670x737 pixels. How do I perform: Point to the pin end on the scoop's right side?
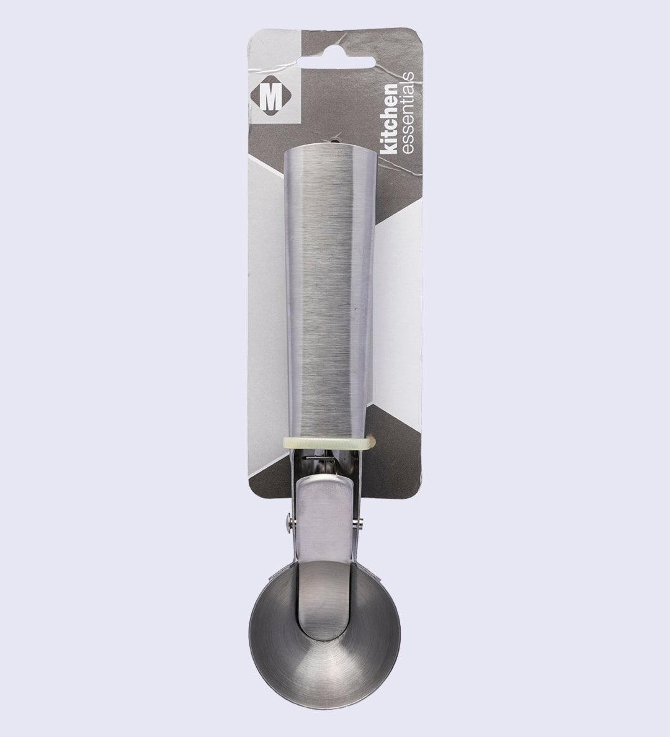(x=360, y=525)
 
